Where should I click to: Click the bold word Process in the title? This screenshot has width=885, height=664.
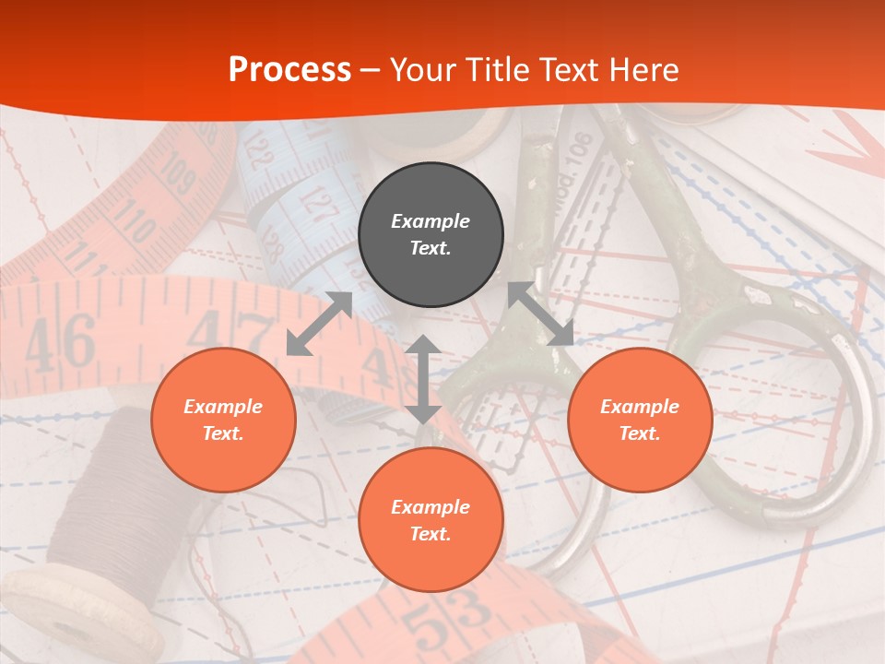coord(289,70)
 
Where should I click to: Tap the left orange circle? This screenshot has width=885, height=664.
coord(223,420)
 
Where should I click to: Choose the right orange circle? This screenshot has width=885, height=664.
coord(640,420)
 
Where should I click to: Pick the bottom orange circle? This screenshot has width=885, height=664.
coord(431,520)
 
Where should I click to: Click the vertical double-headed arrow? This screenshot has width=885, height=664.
coord(423,379)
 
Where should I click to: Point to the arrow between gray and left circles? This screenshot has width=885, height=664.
coord(319,324)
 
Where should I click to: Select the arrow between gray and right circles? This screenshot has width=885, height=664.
coord(541,314)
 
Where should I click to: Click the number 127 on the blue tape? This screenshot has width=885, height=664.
coord(318,205)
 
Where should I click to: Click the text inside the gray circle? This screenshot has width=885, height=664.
coord(431,234)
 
